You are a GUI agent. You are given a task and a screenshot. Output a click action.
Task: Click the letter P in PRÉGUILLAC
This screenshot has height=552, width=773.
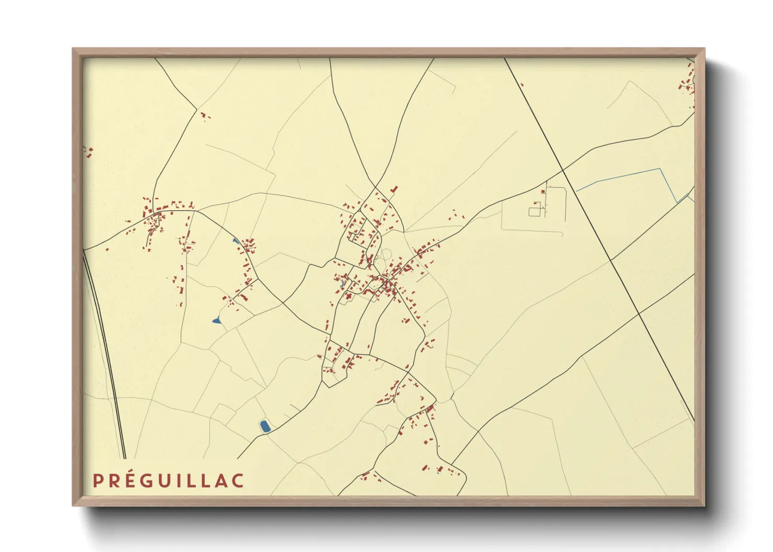click(x=98, y=481)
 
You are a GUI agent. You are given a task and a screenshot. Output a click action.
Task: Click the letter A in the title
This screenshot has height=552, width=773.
click(x=221, y=481)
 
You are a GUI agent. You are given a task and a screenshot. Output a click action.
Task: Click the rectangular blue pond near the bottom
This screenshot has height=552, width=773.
click(x=265, y=426)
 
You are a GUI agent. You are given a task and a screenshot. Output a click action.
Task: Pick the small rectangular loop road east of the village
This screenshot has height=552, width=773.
click(x=535, y=211)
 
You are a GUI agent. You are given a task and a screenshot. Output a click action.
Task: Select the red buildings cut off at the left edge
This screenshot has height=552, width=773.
click(x=88, y=152)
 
